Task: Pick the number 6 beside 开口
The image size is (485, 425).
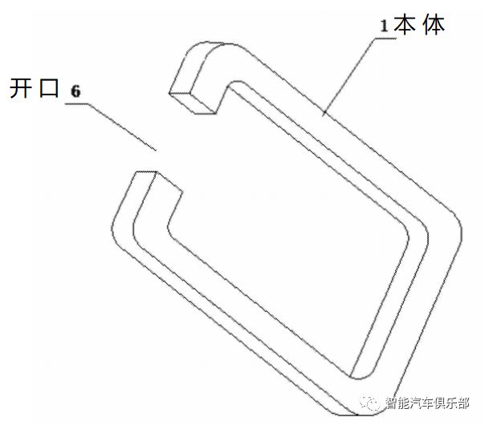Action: pos(75,91)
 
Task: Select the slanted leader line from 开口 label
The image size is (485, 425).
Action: pos(120,123)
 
